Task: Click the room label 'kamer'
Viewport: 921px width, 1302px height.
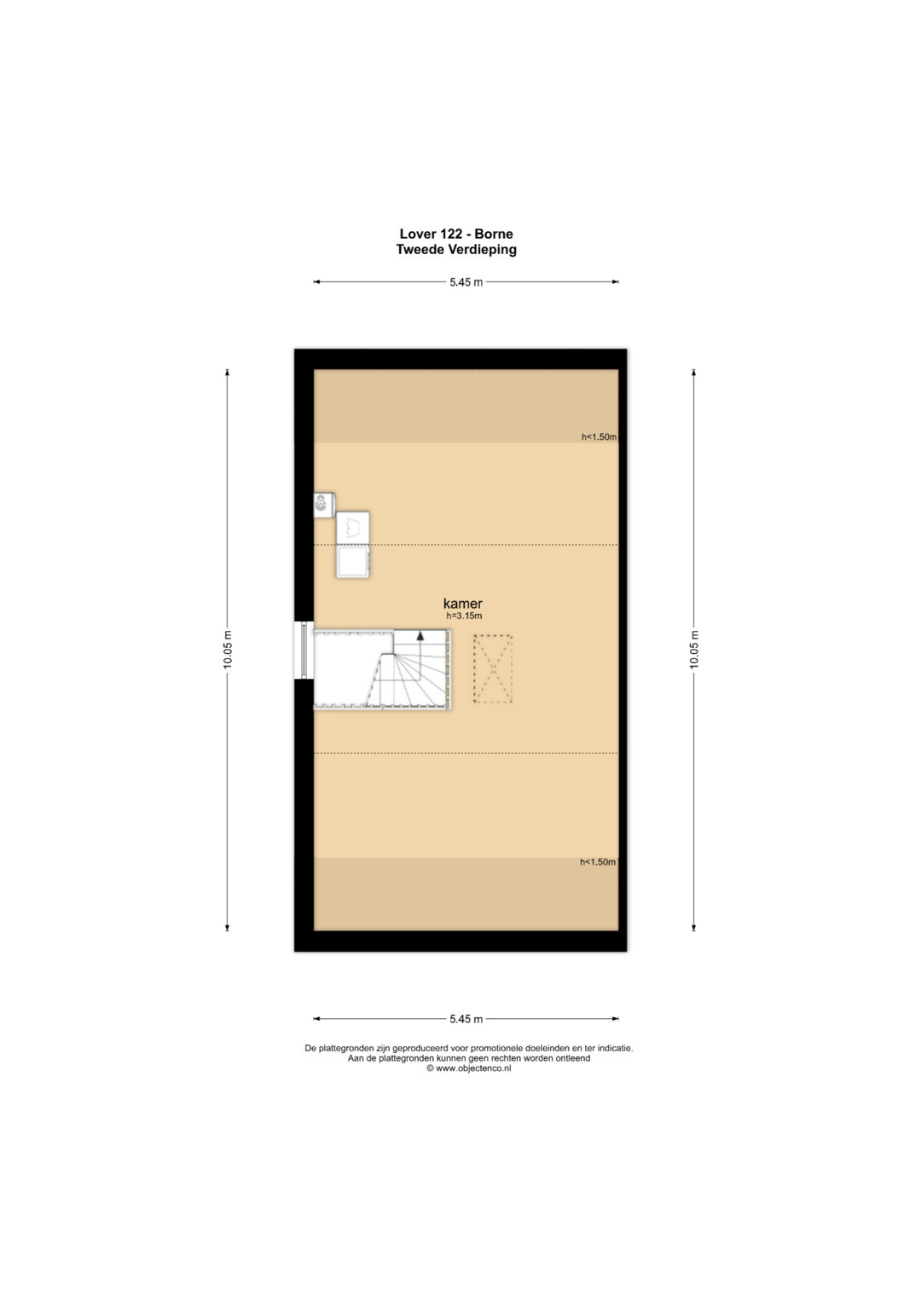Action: [x=462, y=604]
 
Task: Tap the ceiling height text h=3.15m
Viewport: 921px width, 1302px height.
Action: [x=463, y=616]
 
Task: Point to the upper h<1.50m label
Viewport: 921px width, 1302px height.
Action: [x=599, y=437]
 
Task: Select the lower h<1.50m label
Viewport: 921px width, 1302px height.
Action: [x=598, y=862]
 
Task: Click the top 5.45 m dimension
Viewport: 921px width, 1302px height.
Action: [x=466, y=282]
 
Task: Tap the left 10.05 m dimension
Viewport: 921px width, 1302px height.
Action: [x=228, y=649]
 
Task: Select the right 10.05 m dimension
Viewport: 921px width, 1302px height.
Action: [x=693, y=649]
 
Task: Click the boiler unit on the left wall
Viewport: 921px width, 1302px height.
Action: [x=324, y=505]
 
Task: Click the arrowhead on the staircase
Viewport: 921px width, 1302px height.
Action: [x=420, y=635]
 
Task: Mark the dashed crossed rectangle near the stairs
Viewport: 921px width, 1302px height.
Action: [x=493, y=669]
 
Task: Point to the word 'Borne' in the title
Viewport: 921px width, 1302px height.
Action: [x=494, y=234]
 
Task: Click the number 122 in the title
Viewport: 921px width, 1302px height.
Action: [x=450, y=234]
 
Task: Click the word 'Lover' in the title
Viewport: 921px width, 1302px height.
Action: [x=418, y=234]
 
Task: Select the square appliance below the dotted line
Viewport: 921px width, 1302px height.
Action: [x=353, y=562]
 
